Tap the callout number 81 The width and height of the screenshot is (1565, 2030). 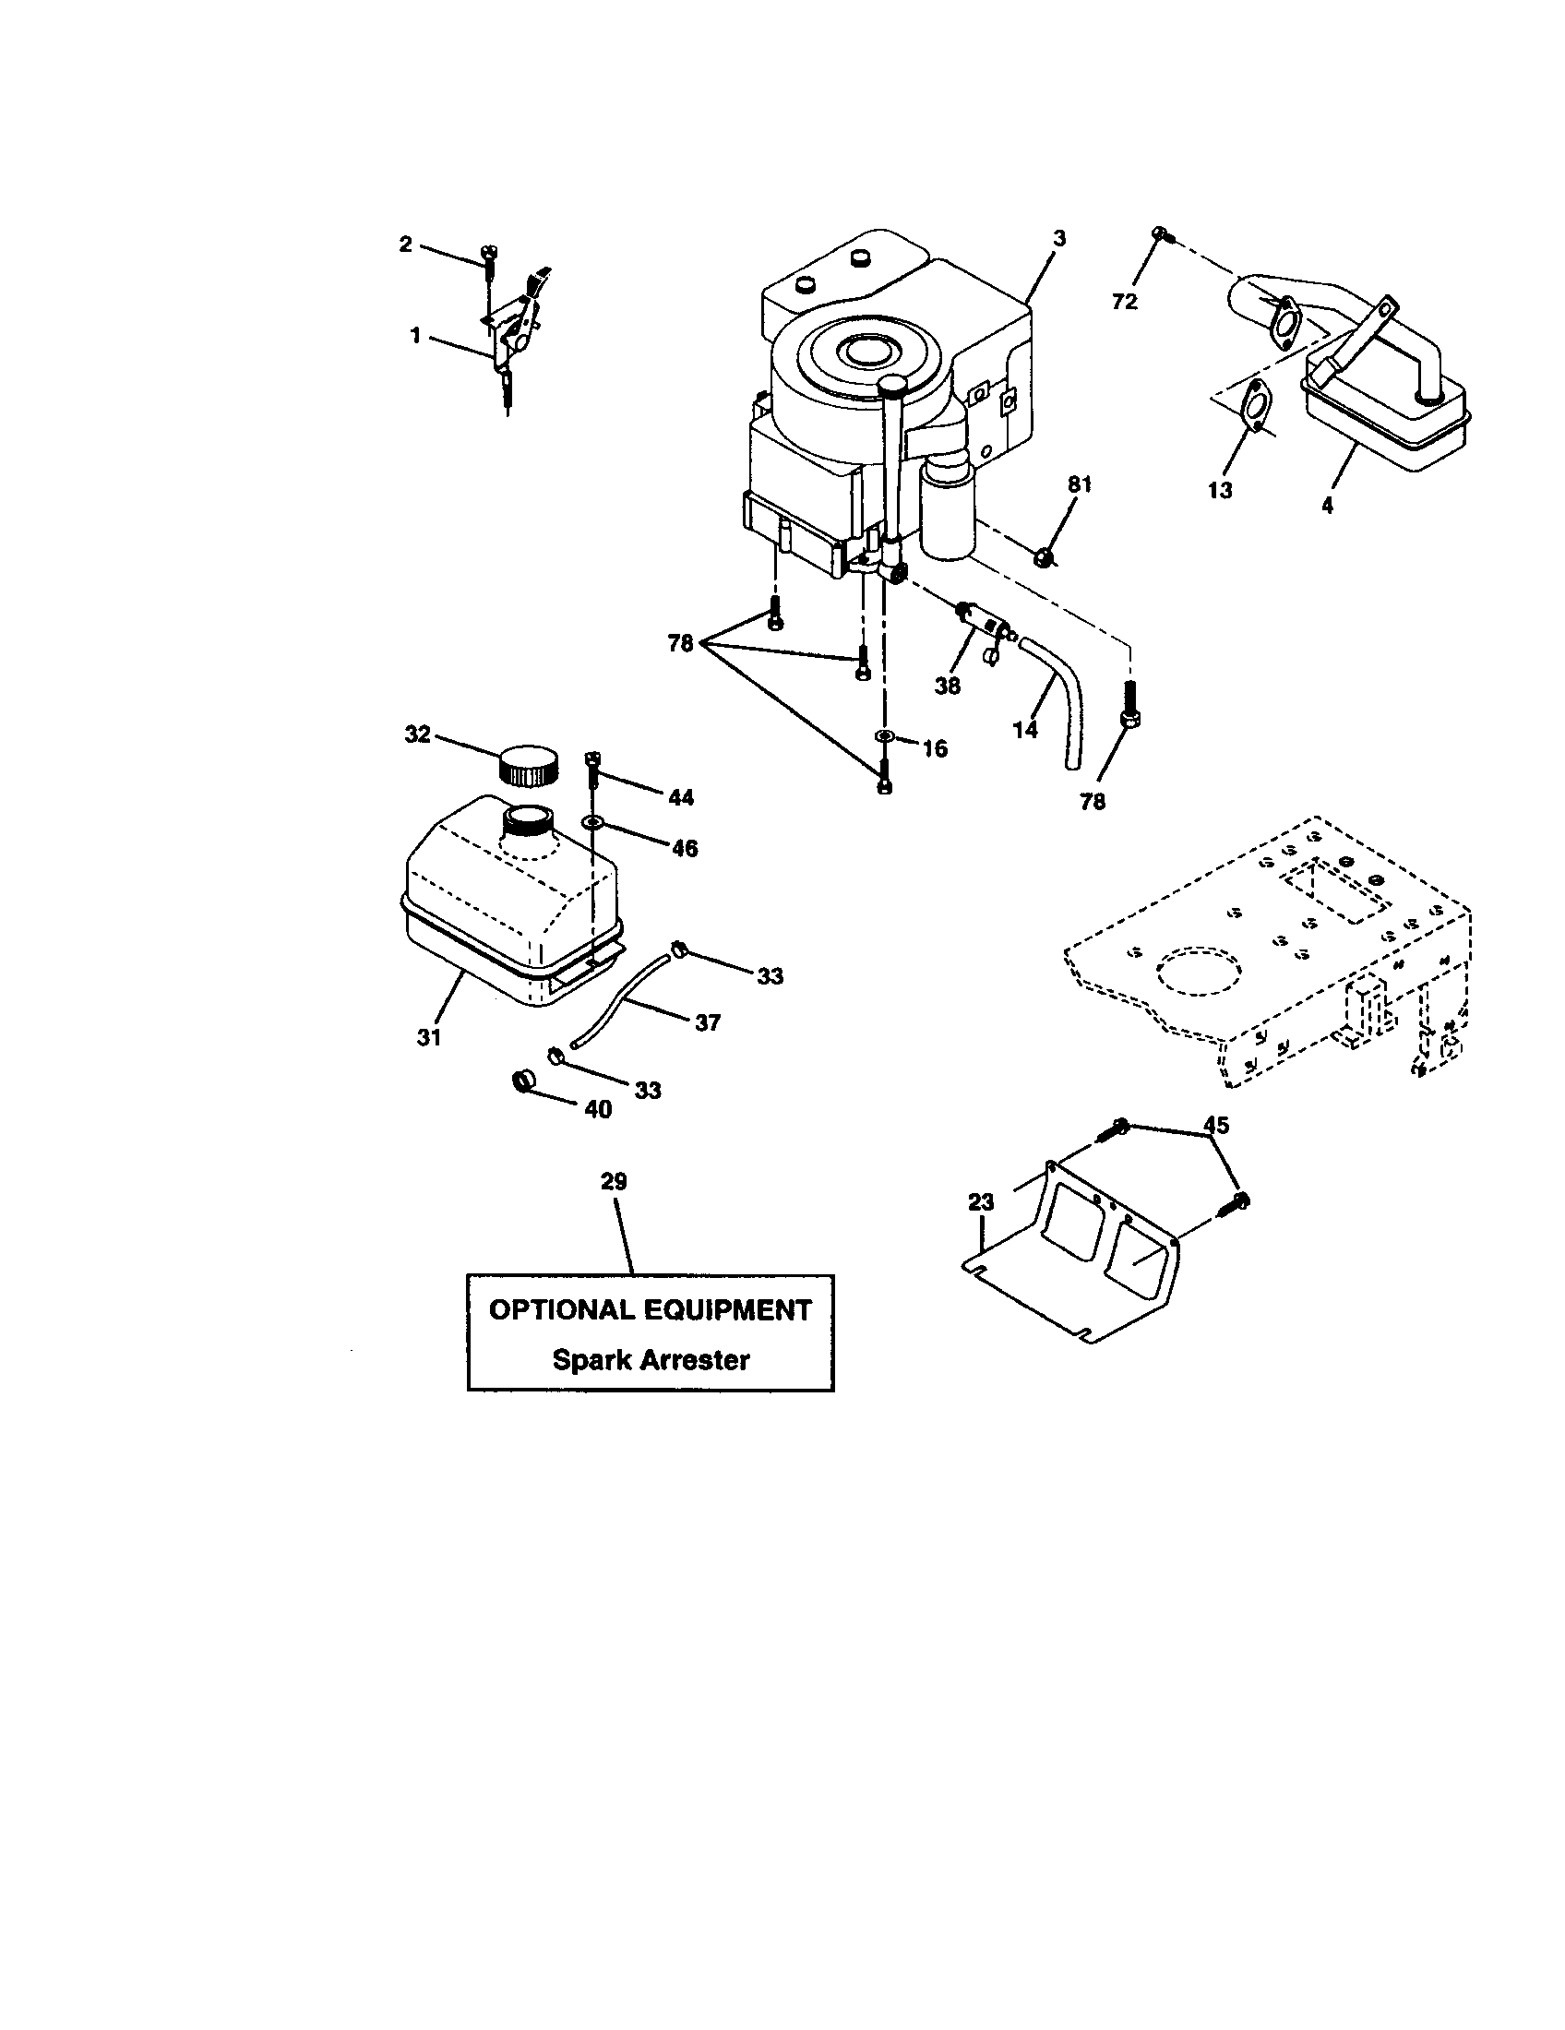coord(1080,484)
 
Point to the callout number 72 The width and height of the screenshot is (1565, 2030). coord(1125,302)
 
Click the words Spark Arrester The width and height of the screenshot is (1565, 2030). coord(651,1360)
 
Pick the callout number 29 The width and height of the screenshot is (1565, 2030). coord(614,1181)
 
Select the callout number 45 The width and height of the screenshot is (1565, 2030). coord(1215,1126)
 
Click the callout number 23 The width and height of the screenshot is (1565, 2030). coord(982,1201)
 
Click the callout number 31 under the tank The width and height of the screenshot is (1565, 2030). coord(428,1037)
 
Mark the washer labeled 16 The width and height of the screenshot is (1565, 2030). coord(884,736)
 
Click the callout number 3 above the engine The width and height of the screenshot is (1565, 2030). coord(1059,238)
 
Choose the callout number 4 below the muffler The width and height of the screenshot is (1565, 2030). coord(1327,506)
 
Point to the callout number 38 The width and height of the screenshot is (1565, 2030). coord(948,686)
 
